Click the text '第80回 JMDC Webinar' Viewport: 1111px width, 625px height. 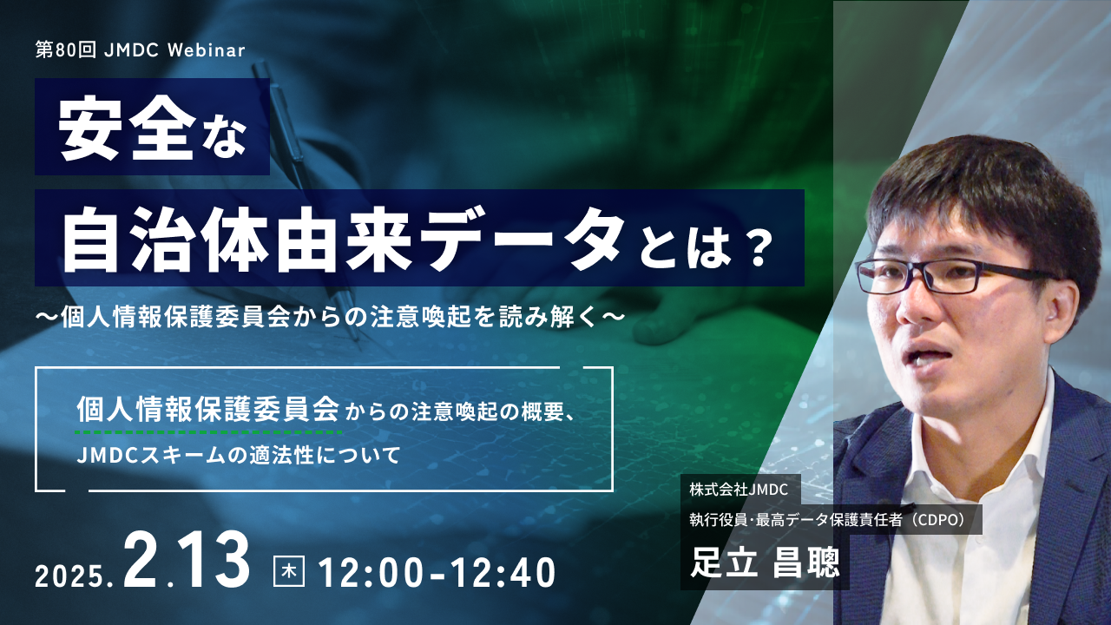coord(141,50)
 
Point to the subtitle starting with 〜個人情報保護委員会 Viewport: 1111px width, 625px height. coord(330,317)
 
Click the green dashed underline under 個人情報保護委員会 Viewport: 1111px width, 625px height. coord(208,432)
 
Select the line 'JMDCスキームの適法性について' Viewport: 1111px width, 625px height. coord(238,456)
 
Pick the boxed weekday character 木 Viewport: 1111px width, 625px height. coord(289,572)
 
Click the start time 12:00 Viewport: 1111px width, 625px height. coord(373,573)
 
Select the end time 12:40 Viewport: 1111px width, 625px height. coord(503,573)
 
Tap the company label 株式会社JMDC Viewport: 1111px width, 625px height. coord(739,490)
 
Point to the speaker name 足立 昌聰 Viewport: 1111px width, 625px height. coord(765,563)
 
